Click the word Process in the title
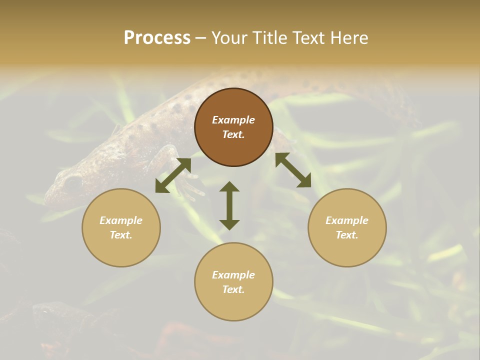[157, 38]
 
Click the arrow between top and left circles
[173, 175]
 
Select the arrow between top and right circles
[293, 170]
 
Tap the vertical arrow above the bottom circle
[229, 205]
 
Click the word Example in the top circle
[233, 120]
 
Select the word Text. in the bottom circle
[233, 289]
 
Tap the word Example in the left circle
[121, 220]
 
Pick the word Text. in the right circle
[347, 235]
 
